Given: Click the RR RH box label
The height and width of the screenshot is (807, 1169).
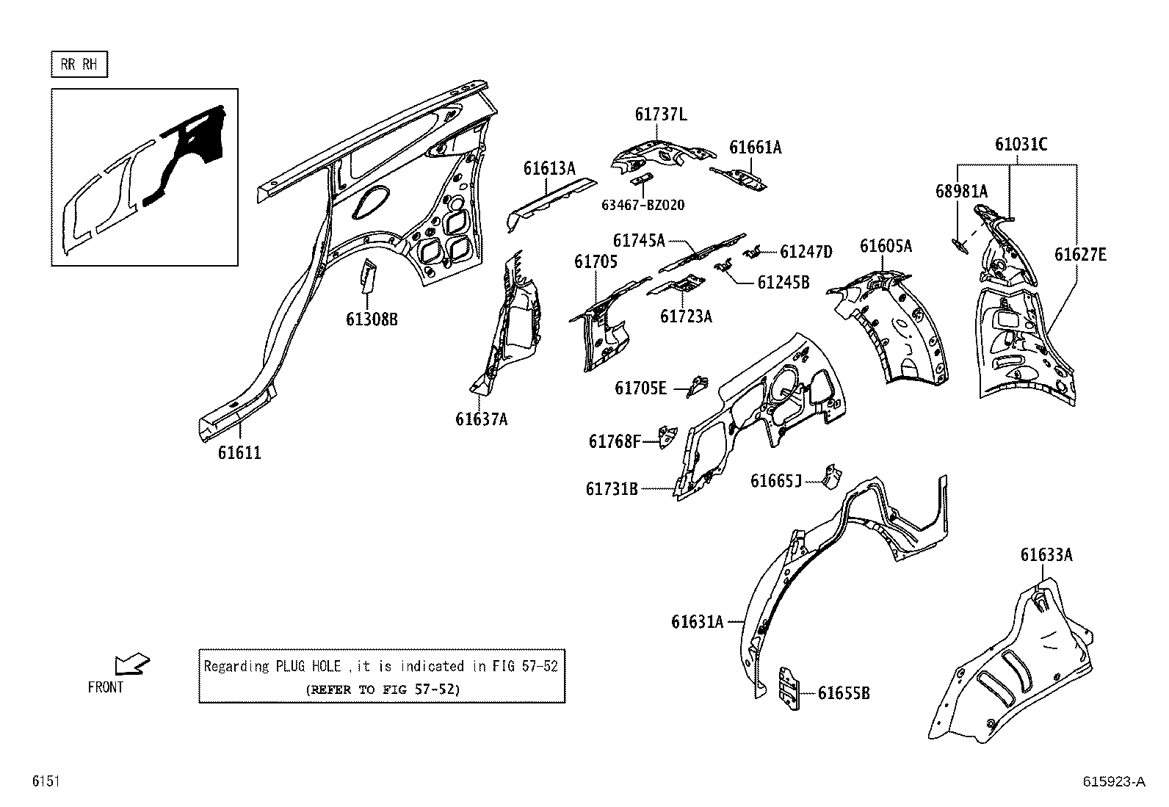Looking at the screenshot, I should point(79,65).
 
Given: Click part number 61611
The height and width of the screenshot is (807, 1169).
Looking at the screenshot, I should point(239,453).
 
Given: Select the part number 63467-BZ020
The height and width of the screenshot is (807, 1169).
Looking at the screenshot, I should point(643,205).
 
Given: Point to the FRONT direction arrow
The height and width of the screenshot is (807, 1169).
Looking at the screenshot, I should point(131,665).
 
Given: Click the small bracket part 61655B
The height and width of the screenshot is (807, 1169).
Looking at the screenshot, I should point(789,689).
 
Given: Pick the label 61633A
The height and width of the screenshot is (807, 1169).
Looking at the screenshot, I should point(1046,555).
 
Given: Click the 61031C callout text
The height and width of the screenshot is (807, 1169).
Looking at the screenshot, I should point(1021,145).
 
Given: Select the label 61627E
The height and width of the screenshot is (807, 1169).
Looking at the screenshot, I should point(1080,255).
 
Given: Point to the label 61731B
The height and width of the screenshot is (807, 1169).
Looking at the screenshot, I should point(612,488).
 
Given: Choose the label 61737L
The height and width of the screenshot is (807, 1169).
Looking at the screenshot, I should point(661,115).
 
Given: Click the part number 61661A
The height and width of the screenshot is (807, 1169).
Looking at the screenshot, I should point(755,148).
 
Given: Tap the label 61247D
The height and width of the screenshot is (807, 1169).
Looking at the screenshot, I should point(806,252).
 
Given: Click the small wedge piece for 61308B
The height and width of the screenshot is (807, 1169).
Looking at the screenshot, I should point(367,277).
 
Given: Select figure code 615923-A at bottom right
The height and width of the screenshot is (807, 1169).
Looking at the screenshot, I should point(1113,782).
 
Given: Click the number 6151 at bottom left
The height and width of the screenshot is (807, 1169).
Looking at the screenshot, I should point(45,782).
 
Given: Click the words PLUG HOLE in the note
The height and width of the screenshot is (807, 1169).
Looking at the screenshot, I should point(308,667).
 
